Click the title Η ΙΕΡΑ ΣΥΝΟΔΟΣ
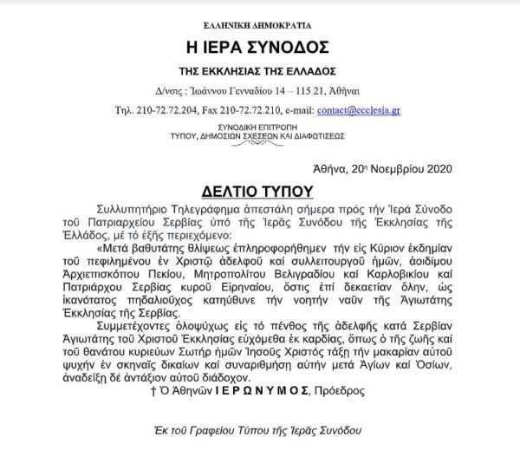tap(260, 46)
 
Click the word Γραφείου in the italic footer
tap(225, 430)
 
